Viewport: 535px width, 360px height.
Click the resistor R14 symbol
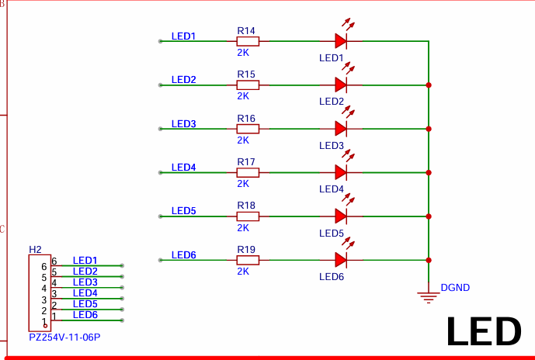point(248,41)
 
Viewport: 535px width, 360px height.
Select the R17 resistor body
point(248,172)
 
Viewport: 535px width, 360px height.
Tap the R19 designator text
point(246,249)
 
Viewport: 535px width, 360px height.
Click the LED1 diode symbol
point(340,41)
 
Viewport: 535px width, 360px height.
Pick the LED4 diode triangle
point(340,172)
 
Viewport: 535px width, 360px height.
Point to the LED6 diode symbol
point(340,260)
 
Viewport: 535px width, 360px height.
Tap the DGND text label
point(455,288)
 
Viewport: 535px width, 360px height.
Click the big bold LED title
point(483,332)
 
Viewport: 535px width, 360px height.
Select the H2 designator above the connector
point(35,249)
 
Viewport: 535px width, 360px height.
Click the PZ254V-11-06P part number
point(64,337)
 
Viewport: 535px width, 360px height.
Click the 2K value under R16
point(243,140)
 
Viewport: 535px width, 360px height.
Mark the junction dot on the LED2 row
point(429,85)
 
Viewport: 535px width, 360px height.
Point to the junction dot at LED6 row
point(429,260)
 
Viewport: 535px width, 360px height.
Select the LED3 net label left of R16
point(183,124)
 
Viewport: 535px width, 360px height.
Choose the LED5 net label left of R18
point(183,211)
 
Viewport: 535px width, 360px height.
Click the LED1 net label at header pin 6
point(85,261)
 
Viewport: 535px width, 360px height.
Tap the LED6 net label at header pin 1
point(85,314)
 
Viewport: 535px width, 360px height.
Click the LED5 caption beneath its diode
point(331,233)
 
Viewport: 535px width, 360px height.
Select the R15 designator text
point(246,74)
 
